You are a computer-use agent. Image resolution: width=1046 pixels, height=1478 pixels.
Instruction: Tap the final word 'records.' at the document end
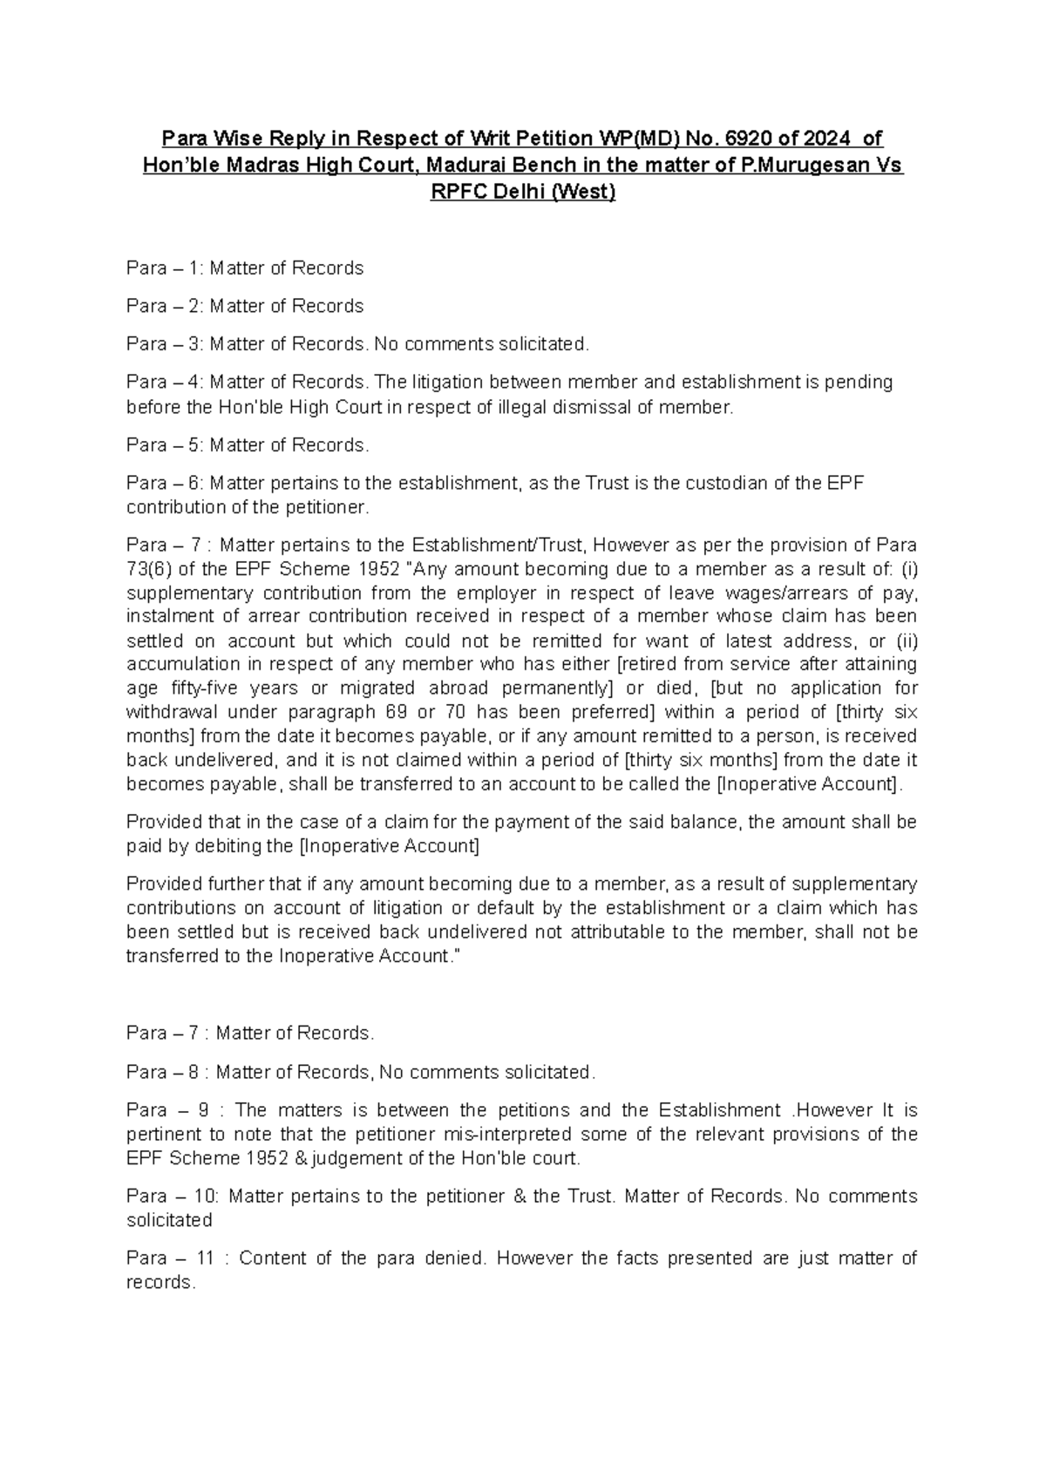[x=159, y=1283]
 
